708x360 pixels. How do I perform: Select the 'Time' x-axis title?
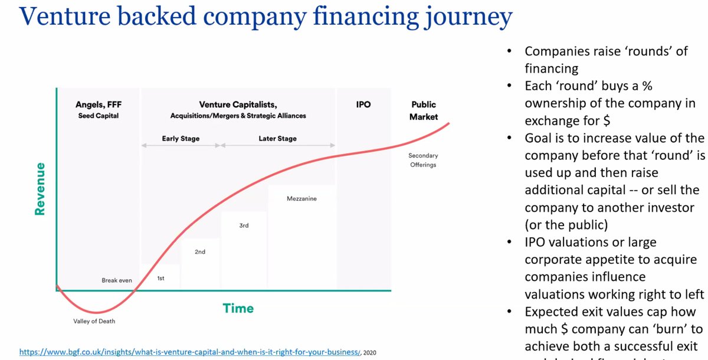click(x=238, y=308)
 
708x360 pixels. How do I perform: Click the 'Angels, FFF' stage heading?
click(x=99, y=104)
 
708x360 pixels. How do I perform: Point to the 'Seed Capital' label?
click(x=99, y=116)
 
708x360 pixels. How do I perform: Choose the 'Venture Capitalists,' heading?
click(x=238, y=104)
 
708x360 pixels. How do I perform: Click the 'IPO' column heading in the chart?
click(x=363, y=104)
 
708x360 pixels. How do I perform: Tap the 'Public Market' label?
click(x=424, y=110)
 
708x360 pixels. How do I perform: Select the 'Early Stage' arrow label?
click(x=181, y=139)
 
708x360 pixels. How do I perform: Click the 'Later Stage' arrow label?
click(x=277, y=139)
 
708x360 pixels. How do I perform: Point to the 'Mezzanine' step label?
click(x=301, y=199)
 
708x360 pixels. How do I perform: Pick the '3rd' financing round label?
click(x=244, y=225)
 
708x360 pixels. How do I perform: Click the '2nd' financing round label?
click(x=199, y=252)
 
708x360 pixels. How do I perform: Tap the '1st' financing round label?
click(x=160, y=278)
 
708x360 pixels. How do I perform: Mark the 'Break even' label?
click(x=117, y=280)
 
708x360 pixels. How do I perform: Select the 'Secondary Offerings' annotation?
click(x=423, y=160)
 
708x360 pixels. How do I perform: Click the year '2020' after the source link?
click(x=370, y=352)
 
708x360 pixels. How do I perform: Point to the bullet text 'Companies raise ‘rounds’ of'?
click(x=606, y=51)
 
